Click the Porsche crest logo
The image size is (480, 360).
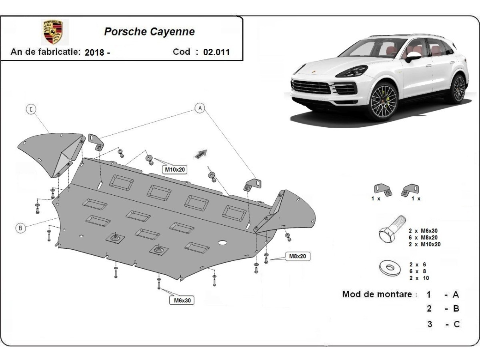(53, 32)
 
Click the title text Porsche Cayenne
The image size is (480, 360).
(149, 32)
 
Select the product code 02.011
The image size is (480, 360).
(216, 52)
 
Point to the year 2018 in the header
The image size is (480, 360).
(94, 52)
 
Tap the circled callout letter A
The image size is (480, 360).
(200, 108)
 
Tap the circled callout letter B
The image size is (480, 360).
(20, 228)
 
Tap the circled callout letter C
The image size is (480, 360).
(31, 109)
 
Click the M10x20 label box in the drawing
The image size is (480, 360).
(175, 169)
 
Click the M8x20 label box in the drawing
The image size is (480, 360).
(298, 256)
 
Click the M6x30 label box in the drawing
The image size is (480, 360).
(182, 300)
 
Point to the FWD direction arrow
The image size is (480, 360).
(201, 154)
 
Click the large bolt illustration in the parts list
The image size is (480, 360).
(392, 229)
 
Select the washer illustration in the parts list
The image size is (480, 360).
(390, 268)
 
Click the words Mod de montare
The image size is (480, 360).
(377, 294)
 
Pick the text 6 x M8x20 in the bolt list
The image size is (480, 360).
(423, 238)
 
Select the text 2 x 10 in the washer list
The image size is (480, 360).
(419, 278)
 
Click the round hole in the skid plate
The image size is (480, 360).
(222, 243)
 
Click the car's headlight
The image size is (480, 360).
(352, 72)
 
